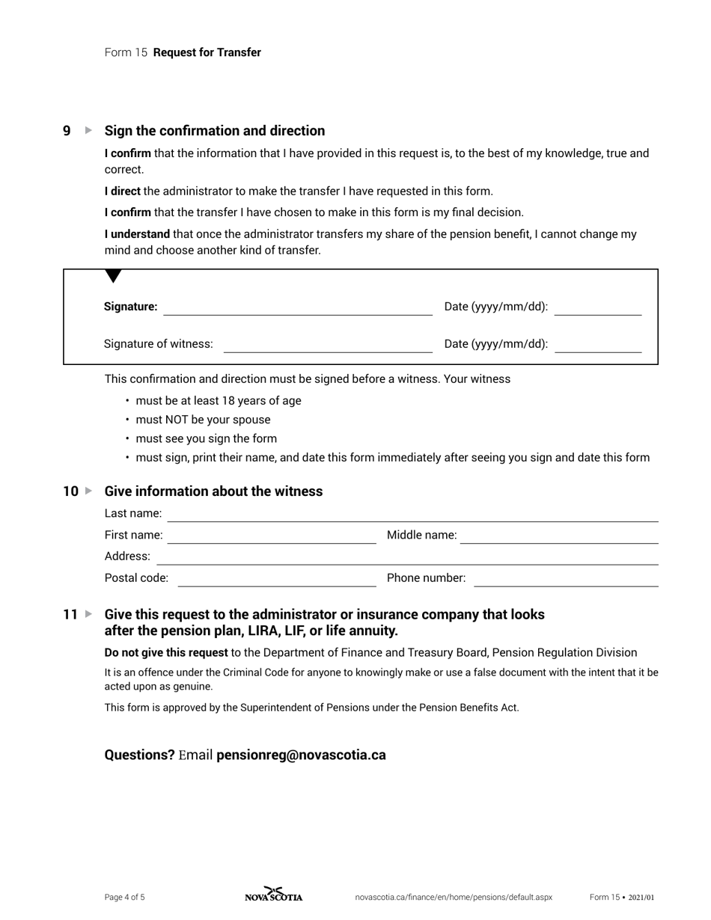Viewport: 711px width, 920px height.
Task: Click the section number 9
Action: (67, 131)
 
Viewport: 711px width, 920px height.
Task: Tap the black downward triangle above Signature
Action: (113, 277)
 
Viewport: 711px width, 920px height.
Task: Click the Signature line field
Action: (298, 308)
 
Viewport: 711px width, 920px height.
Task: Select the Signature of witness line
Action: (328, 345)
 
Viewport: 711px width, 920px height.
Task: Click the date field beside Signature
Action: (597, 308)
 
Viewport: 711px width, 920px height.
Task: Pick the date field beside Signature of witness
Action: (597, 345)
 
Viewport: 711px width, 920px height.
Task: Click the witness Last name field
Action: (412, 515)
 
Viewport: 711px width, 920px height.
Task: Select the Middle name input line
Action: (558, 536)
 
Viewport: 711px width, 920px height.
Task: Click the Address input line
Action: (406, 557)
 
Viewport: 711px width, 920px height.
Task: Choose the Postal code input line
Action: (276, 579)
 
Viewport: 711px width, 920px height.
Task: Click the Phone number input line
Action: (566, 579)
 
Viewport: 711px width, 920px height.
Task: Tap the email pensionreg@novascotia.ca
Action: (301, 755)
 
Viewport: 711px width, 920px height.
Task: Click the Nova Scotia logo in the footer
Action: (274, 895)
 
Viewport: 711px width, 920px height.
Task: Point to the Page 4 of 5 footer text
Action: (125, 897)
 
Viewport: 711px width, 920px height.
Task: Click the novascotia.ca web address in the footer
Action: (454, 897)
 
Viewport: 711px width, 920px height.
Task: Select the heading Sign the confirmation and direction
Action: (215, 131)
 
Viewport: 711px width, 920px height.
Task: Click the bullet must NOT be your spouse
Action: (203, 420)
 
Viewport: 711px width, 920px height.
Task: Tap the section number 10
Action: (70, 491)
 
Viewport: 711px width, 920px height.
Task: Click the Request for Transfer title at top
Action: (207, 52)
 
